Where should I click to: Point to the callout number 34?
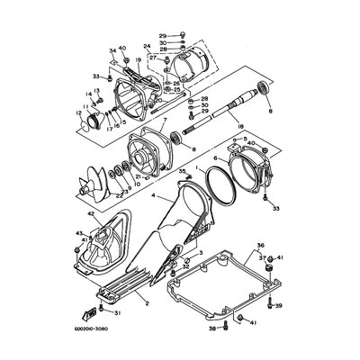click(113, 50)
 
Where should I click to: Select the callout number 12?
click(79, 112)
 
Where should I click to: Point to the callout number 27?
click(154, 58)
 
